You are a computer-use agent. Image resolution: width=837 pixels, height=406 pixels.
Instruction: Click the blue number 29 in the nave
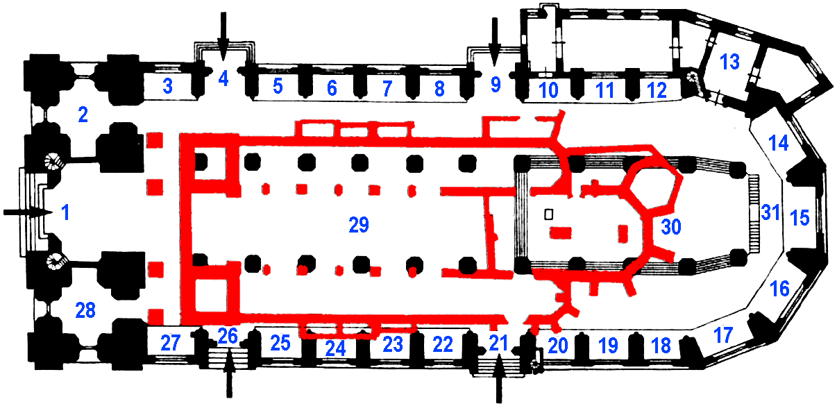click(x=359, y=225)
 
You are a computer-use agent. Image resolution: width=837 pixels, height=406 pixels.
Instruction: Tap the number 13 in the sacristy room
click(x=729, y=62)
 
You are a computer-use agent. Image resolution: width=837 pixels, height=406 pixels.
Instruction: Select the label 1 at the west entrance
click(x=65, y=212)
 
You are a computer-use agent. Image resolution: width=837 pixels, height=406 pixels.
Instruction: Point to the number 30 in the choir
click(x=671, y=227)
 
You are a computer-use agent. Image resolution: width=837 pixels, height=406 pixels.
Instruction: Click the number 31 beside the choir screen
click(x=771, y=212)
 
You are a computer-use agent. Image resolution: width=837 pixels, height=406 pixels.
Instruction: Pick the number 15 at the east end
click(x=800, y=218)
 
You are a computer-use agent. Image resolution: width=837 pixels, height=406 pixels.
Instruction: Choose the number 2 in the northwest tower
click(x=83, y=115)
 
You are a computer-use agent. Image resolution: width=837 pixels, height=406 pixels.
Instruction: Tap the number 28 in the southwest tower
click(x=85, y=310)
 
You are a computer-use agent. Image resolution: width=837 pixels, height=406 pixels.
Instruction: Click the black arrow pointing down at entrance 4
click(x=223, y=36)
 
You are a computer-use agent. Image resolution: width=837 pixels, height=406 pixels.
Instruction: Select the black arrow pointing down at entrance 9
click(x=495, y=42)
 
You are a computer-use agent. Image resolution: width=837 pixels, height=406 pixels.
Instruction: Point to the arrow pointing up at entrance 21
click(x=499, y=378)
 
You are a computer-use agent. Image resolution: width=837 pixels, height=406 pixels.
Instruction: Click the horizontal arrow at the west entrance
click(x=28, y=212)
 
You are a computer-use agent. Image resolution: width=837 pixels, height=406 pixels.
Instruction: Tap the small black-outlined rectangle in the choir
click(x=548, y=214)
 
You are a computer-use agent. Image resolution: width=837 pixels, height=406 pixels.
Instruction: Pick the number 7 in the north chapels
click(x=387, y=89)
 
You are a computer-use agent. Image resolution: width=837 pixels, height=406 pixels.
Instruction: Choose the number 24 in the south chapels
click(x=335, y=349)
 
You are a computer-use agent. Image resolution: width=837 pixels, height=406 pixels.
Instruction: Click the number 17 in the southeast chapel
click(x=723, y=335)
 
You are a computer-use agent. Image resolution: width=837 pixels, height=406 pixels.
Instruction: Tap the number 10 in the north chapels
click(x=548, y=90)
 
